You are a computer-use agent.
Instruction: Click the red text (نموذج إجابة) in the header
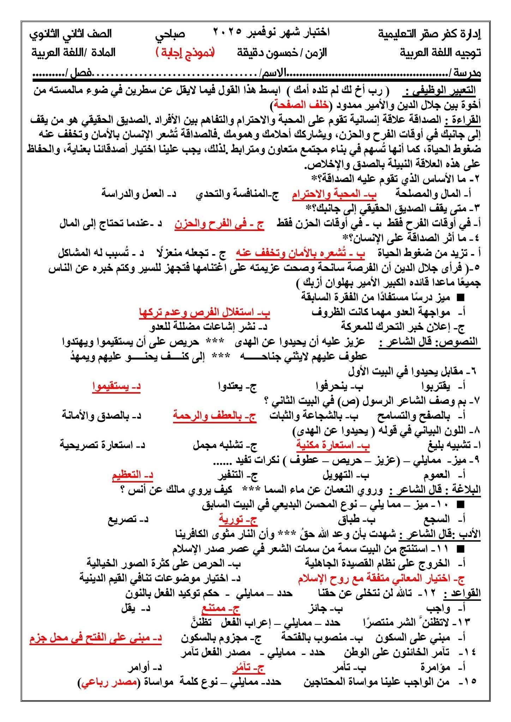185,53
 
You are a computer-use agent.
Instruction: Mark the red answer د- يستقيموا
116,386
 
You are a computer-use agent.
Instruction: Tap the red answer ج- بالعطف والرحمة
215,416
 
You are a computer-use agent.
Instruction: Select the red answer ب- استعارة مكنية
333,445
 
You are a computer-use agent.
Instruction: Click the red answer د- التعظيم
132,475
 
